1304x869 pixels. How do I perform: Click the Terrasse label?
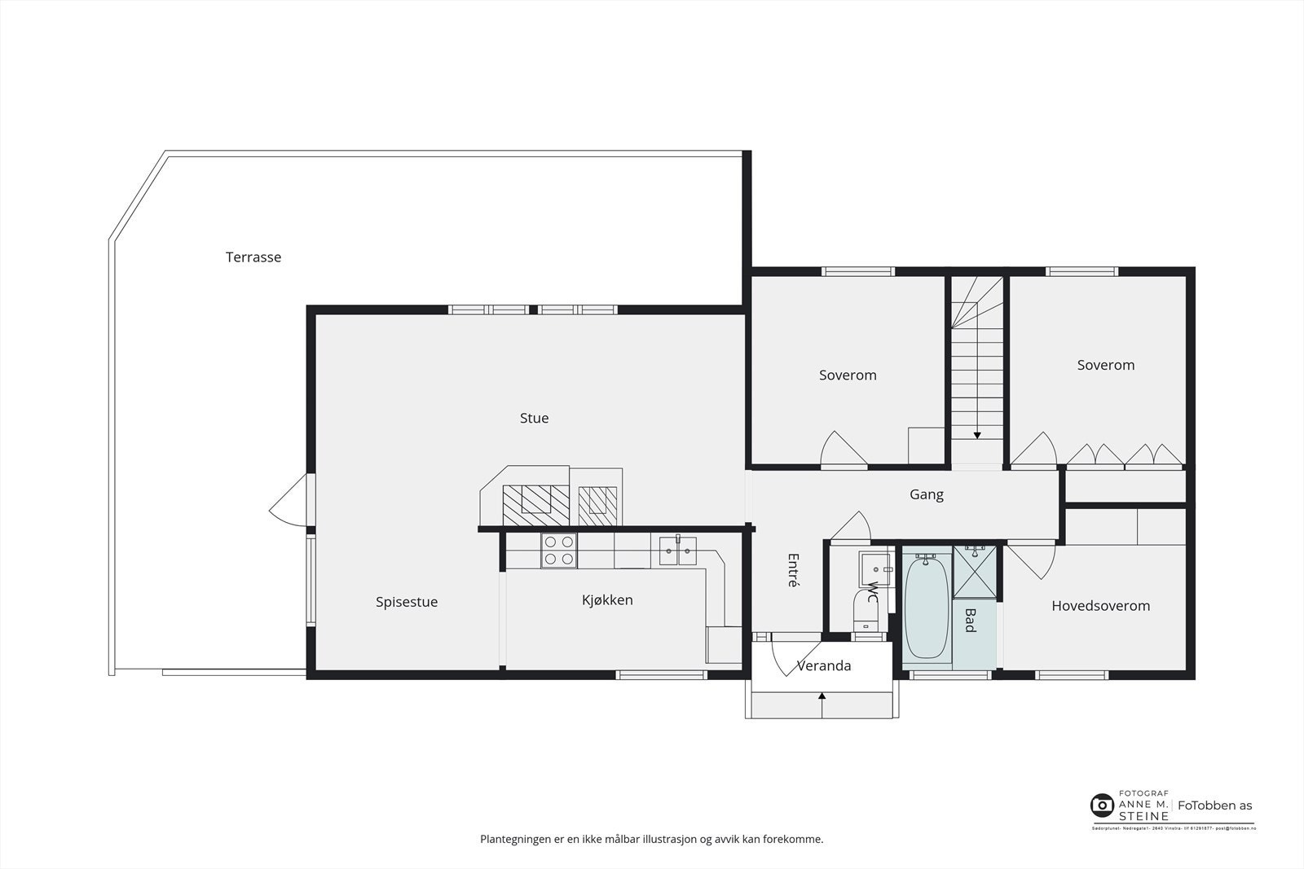click(253, 257)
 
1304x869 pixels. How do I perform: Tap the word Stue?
click(534, 419)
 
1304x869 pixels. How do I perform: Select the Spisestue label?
click(407, 603)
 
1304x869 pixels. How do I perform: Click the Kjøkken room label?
click(607, 600)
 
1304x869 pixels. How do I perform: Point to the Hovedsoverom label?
click(1100, 606)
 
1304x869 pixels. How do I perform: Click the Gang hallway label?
click(927, 494)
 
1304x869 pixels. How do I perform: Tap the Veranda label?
click(824, 666)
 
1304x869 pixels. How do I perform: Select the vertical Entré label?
click(793, 570)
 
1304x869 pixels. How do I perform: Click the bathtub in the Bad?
click(926, 607)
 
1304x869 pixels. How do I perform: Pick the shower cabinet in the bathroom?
click(975, 573)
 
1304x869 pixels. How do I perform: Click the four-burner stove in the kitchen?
click(559, 551)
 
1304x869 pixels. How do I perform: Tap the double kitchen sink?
click(678, 551)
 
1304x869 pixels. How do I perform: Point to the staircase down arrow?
click(977, 435)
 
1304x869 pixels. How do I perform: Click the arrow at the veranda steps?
click(822, 696)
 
